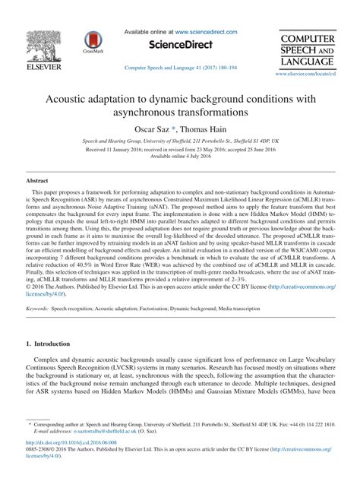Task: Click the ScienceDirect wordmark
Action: tap(179, 45)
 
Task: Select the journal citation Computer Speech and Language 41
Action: tap(179, 68)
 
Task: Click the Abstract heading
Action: tap(38, 181)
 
